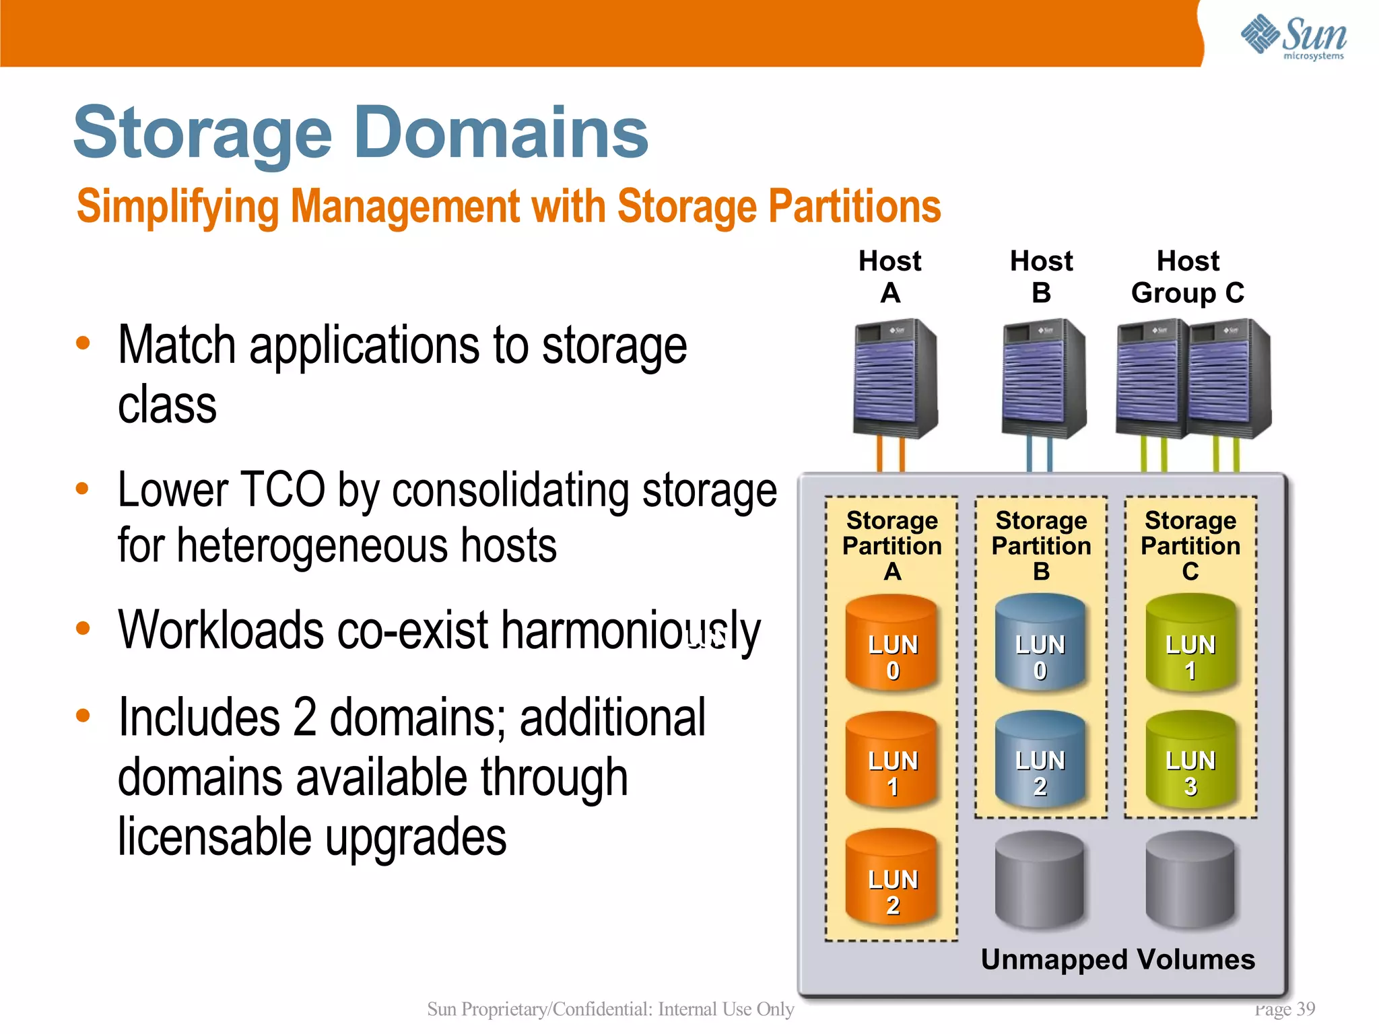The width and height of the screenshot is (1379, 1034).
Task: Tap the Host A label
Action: pos(889,277)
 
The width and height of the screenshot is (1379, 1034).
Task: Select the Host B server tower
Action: pos(1043,378)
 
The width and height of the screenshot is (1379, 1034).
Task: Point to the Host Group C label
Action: pos(1188,277)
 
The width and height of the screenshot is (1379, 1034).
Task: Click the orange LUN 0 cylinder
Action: pos(892,644)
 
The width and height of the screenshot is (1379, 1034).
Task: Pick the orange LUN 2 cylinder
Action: pos(892,877)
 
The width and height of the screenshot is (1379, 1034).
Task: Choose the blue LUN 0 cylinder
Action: pos(1040,644)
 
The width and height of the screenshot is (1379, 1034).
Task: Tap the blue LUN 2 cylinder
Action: pos(1040,761)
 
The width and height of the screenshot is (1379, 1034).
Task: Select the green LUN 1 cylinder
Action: pos(1190,644)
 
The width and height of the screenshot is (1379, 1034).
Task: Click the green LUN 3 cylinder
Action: pos(1190,761)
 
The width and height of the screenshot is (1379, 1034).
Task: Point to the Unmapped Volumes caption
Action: pos(1118,959)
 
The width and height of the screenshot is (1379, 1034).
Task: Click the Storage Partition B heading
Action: pos(1041,545)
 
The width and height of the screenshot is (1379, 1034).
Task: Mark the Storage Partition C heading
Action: pos(1190,545)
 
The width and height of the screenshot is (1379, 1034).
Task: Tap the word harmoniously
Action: pos(630,631)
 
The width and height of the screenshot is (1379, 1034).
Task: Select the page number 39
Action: pos(1305,1008)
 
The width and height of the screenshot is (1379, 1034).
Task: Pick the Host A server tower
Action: pos(895,378)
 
